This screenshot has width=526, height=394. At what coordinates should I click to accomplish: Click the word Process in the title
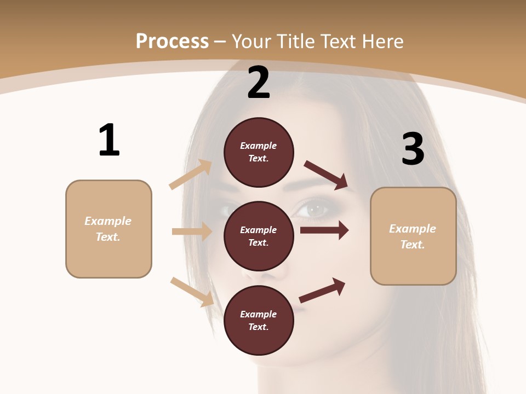point(172,41)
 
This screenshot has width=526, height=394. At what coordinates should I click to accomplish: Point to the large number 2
point(259,83)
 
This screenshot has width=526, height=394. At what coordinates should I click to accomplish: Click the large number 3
point(413,149)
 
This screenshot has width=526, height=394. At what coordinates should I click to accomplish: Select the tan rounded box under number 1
point(108,229)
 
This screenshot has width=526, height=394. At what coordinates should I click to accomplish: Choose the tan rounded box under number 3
point(413,236)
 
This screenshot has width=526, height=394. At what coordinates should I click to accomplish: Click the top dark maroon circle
point(259,152)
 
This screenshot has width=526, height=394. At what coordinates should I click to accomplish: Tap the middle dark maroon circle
point(259,236)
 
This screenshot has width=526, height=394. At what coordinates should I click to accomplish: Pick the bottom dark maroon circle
point(259,321)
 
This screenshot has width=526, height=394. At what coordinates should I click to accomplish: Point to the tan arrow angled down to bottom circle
point(192,292)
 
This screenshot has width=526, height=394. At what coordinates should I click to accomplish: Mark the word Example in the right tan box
point(413,229)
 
